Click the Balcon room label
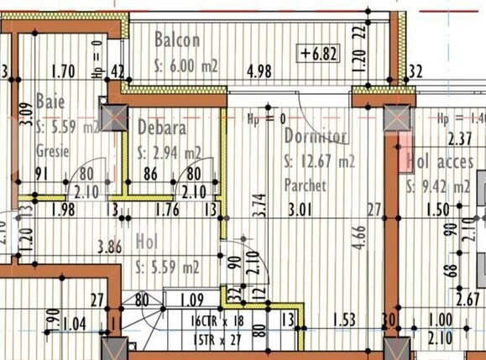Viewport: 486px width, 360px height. pyautogui.click(x=177, y=39)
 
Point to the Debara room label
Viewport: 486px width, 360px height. pyautogui.click(x=160, y=128)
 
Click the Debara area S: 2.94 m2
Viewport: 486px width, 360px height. pyautogui.click(x=169, y=153)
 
